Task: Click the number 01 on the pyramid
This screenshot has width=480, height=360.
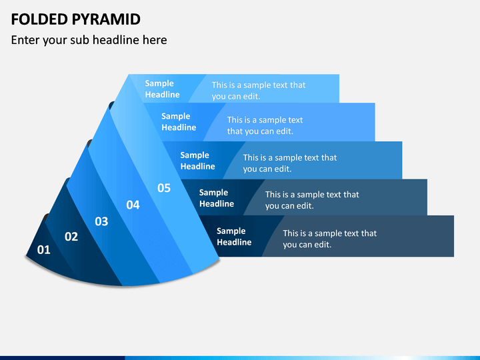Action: pyautogui.click(x=43, y=250)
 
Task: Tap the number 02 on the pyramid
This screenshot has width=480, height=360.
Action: pyautogui.click(x=71, y=237)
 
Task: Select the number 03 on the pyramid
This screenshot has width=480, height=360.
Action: pyautogui.click(x=101, y=221)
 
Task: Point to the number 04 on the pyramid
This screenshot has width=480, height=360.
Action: pyautogui.click(x=133, y=205)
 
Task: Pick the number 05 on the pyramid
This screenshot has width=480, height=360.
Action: pyautogui.click(x=164, y=188)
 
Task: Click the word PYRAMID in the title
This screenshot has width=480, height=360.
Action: pyautogui.click(x=106, y=19)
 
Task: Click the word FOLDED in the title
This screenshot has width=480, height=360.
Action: pyautogui.click(x=39, y=19)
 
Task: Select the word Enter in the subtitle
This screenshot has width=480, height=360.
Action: pyautogui.click(x=25, y=40)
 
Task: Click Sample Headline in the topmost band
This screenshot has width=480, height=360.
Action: pyautogui.click(x=162, y=89)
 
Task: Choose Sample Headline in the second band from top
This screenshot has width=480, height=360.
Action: pyautogui.click(x=179, y=121)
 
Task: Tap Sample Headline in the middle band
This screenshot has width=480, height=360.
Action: pyautogui.click(x=198, y=161)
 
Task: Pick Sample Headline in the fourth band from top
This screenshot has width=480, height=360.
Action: pyautogui.click(x=217, y=198)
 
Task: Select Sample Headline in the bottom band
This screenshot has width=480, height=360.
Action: pyautogui.click(x=234, y=236)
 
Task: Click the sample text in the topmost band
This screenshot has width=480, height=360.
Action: pyautogui.click(x=259, y=91)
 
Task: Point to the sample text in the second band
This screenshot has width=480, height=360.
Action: pyautogui.click(x=265, y=125)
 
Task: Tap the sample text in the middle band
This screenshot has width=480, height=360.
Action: pyautogui.click(x=290, y=163)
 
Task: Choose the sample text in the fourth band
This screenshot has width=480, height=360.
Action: pyautogui.click(x=312, y=200)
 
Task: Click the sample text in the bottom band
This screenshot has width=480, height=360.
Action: pyautogui.click(x=330, y=239)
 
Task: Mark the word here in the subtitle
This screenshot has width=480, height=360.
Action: pyautogui.click(x=155, y=40)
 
